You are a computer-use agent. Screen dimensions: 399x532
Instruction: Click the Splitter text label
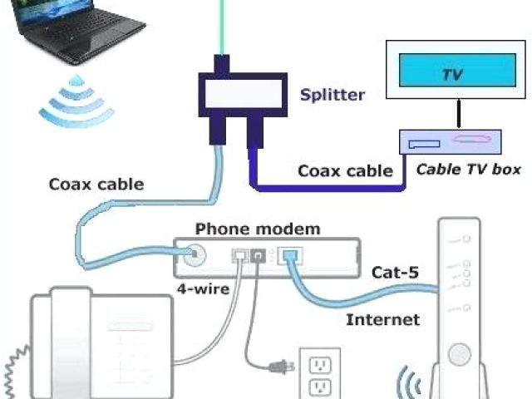coord(332,94)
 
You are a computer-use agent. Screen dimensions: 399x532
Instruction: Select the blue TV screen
coord(451,73)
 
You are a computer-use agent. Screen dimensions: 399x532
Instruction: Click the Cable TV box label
coord(469,170)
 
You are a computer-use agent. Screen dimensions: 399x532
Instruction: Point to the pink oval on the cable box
coord(470,140)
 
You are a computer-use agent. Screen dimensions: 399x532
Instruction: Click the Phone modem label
coord(257,229)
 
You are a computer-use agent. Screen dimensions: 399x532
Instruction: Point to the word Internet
coord(383,319)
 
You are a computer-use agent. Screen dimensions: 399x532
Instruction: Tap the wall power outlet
coord(318,375)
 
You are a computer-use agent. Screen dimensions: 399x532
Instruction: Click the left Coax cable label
coord(96,185)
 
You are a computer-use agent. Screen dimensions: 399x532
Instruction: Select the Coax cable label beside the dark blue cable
coord(345,171)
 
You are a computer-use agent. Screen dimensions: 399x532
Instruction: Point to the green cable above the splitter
coord(222,25)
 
